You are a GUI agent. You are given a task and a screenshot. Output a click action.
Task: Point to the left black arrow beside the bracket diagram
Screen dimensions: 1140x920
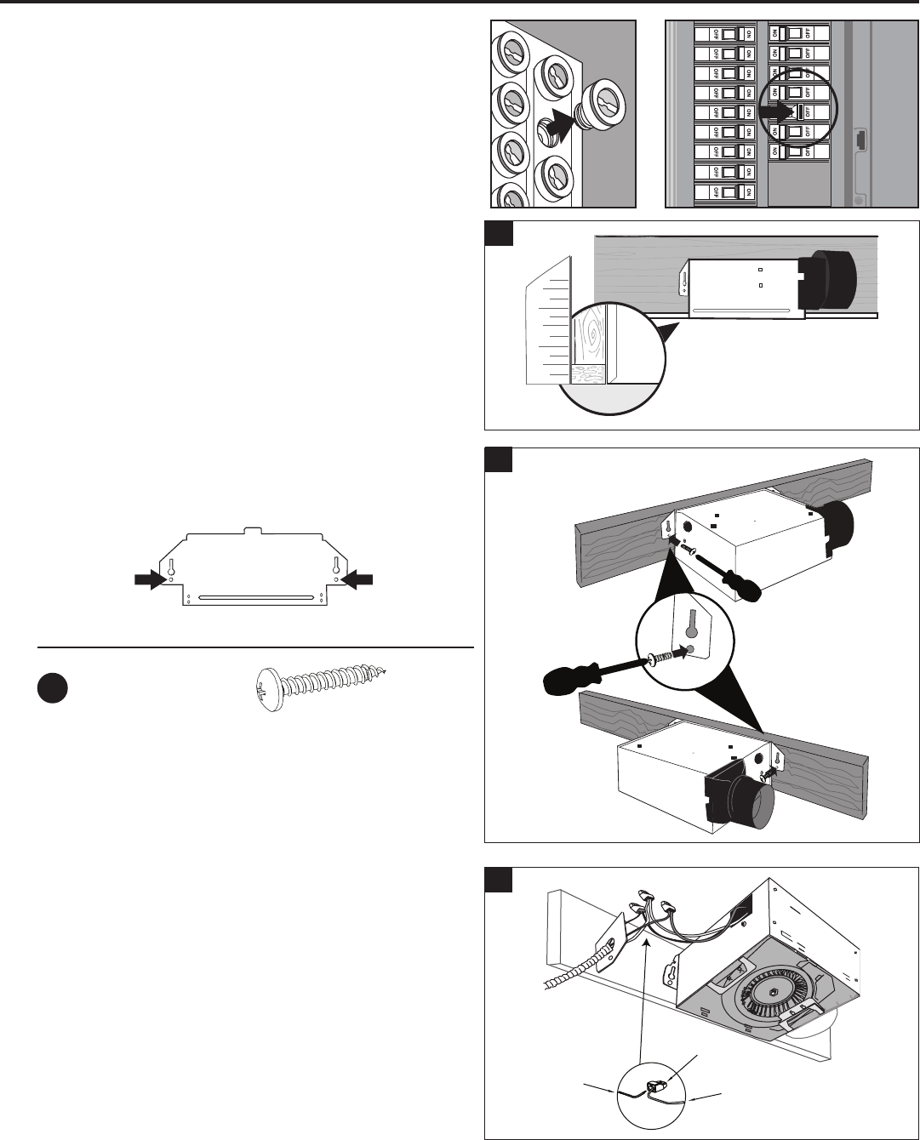[x=151, y=579]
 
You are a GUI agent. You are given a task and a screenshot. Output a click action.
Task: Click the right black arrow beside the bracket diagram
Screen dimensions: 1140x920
[x=357, y=579]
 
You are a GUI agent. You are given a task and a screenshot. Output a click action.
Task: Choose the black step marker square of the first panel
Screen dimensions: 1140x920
[x=499, y=233]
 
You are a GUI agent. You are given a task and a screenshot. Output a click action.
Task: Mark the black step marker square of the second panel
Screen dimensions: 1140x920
[x=499, y=459]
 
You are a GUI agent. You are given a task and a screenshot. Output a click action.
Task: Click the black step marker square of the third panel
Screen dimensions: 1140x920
[x=499, y=880]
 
